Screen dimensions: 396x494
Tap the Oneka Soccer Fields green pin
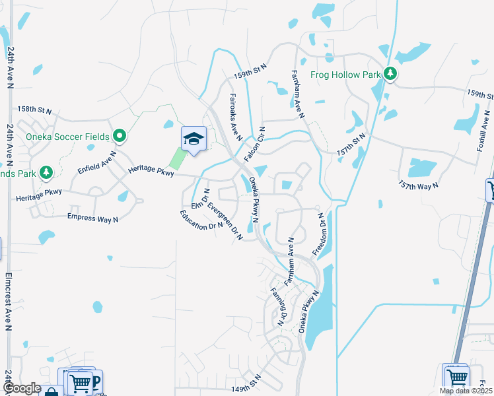(x=119, y=137)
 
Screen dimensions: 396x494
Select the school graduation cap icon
(x=194, y=139)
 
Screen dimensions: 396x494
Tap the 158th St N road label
(x=34, y=109)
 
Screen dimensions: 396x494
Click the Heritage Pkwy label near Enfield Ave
(x=153, y=172)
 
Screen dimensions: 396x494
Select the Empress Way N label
(x=93, y=216)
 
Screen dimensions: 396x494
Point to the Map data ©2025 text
(x=464, y=391)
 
